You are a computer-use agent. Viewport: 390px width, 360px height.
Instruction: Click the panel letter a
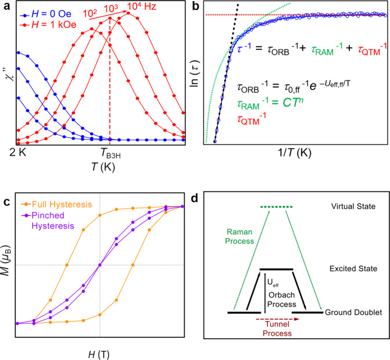point(5,7)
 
